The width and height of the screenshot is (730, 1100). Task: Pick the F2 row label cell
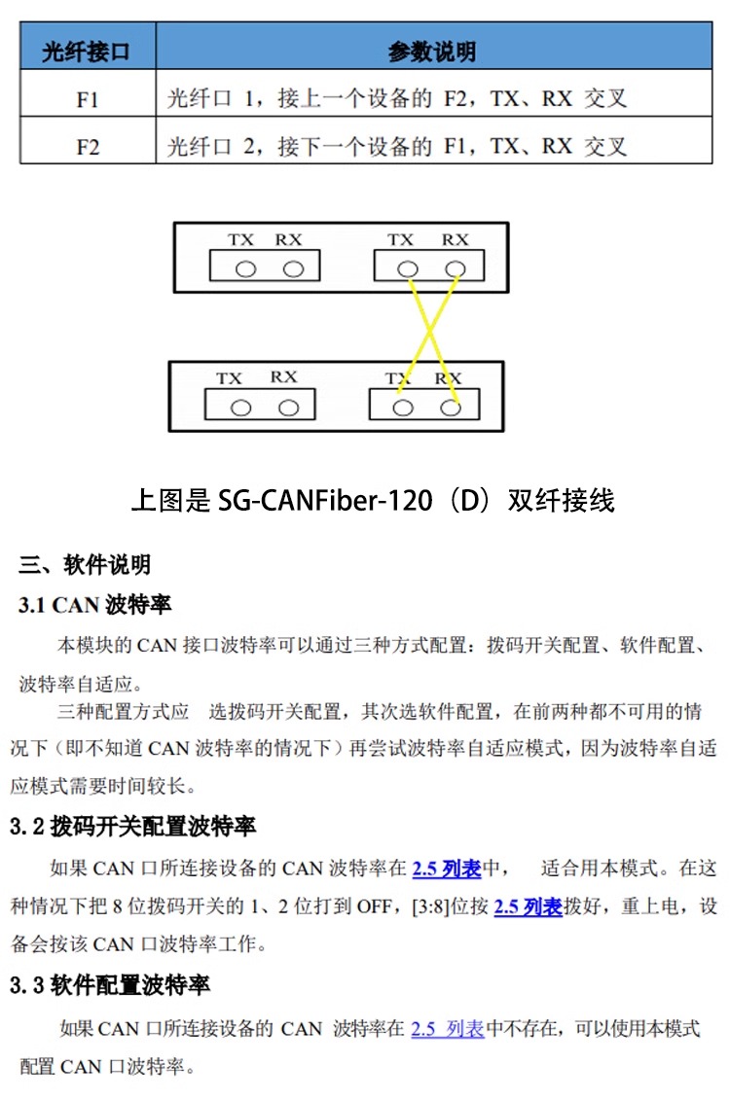coord(88,147)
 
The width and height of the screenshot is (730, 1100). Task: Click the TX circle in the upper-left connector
coord(245,269)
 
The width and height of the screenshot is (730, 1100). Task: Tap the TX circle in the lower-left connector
coord(240,408)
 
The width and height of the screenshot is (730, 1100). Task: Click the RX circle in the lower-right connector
coord(450,408)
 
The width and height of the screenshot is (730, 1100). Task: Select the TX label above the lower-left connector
coord(230,377)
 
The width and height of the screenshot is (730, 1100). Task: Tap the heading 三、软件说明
coord(85,564)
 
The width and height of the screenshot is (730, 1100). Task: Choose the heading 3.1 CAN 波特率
coord(94,605)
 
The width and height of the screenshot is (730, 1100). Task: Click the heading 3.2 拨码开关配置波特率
coord(132,827)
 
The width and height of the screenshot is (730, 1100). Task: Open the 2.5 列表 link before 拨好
coord(529,906)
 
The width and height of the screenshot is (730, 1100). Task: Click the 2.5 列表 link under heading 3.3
coord(447,1028)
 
